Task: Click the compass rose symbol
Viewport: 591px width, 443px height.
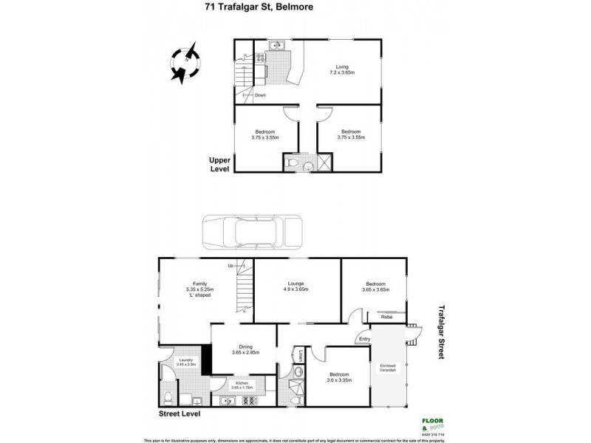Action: click(x=185, y=62)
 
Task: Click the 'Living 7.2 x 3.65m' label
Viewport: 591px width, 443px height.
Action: click(x=341, y=69)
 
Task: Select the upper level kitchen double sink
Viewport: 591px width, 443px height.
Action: click(x=276, y=47)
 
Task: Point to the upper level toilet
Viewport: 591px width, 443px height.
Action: click(x=293, y=163)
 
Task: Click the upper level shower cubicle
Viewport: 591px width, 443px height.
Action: click(x=324, y=163)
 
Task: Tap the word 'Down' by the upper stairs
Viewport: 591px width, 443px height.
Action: click(x=259, y=95)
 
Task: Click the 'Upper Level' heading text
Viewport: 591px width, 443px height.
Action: click(x=219, y=164)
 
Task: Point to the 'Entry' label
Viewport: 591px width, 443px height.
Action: click(x=363, y=340)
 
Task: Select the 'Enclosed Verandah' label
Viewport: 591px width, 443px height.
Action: click(x=389, y=368)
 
